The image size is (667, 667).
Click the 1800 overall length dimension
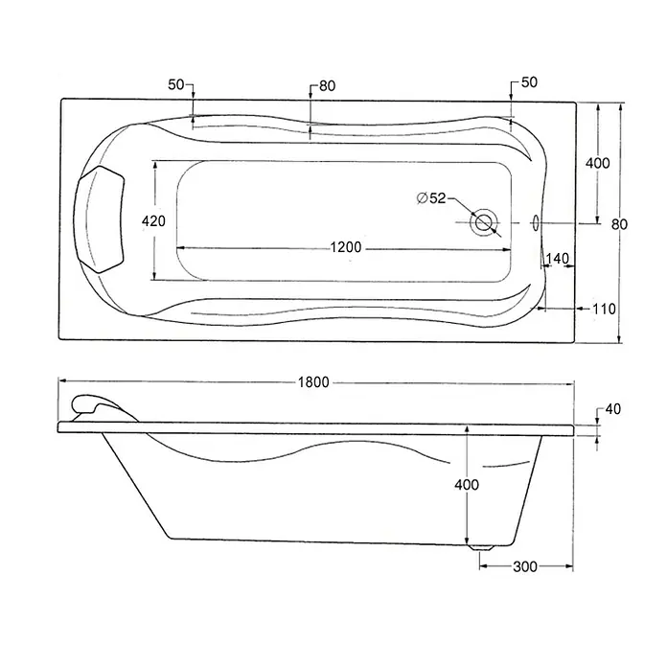pos(313,382)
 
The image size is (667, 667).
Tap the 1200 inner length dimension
pos(346,247)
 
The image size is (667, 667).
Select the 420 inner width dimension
pos(153,221)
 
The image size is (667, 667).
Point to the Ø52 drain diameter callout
pos(431,197)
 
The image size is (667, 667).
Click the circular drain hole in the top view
pos(484,222)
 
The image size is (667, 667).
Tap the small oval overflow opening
pos(536,222)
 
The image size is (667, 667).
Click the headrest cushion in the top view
pos(99,219)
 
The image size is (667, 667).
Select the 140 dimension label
pos(557,258)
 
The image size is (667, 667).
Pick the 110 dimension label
pos(604,309)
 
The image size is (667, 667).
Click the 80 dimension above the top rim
pos(327,86)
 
